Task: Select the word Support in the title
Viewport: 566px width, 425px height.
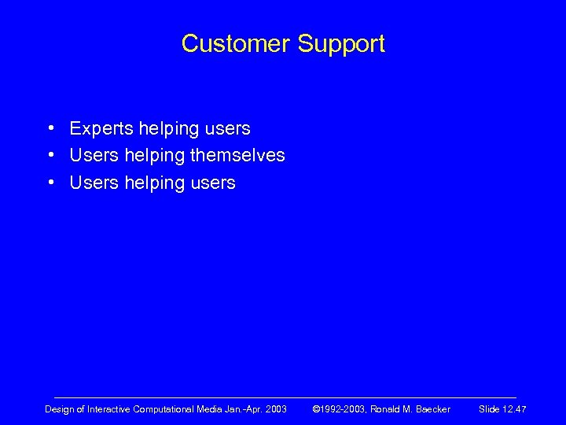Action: point(341,45)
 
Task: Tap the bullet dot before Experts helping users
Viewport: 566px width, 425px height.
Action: point(50,128)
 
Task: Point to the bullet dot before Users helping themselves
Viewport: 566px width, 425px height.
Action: point(50,155)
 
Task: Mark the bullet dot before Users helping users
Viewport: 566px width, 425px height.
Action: point(50,183)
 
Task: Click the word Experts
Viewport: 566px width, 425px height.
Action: point(101,128)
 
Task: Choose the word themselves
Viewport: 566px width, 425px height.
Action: point(237,155)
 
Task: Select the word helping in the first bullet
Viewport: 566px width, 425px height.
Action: point(167,128)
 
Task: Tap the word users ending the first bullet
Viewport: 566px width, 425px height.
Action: point(226,128)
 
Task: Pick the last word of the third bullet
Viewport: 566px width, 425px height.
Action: point(211,183)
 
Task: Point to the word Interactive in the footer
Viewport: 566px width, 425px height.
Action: point(110,409)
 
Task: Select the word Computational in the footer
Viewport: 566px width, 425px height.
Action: point(167,409)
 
